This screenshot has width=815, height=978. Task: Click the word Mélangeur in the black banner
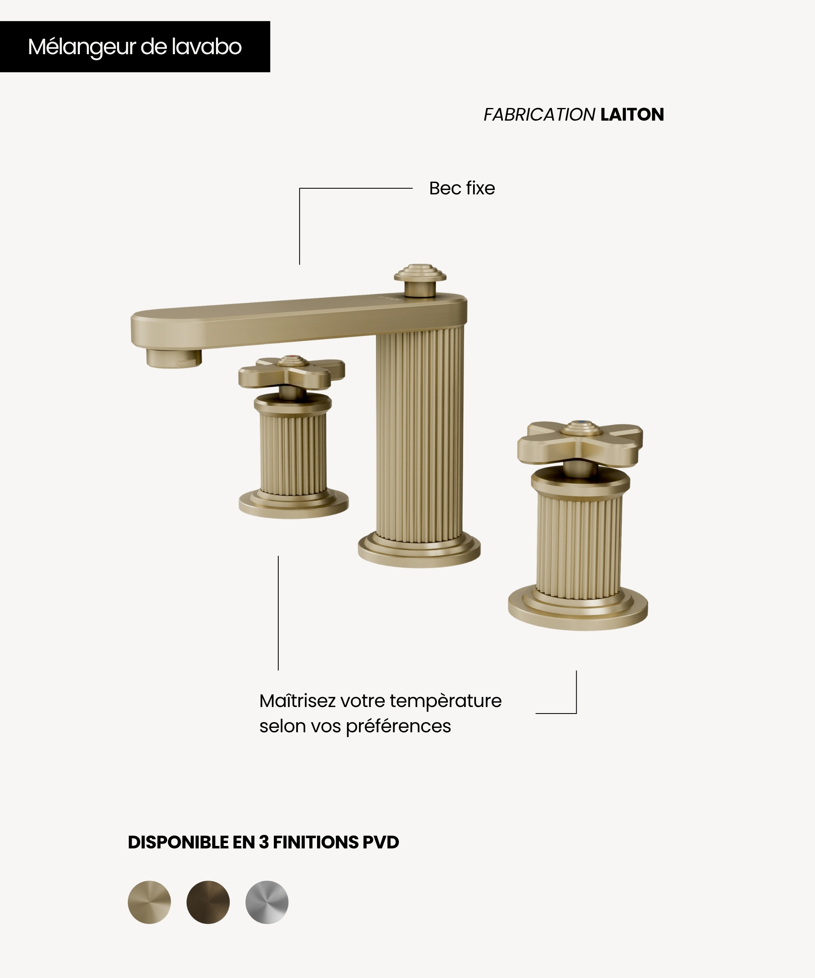tap(81, 47)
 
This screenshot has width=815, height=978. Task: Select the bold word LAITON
tap(632, 115)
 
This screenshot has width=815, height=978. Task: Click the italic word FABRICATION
tap(539, 115)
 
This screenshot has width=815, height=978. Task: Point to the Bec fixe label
tap(462, 188)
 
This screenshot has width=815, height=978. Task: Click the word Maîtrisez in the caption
tap(297, 700)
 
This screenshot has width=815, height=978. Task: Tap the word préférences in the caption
tap(398, 727)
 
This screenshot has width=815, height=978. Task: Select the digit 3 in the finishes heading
tap(264, 842)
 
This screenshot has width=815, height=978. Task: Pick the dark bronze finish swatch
tap(208, 902)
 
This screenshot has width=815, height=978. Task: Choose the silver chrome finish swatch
tap(267, 902)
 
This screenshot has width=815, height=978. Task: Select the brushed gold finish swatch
tap(150, 902)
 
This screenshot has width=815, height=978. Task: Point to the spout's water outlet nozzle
tap(174, 358)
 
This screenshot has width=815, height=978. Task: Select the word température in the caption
tap(445, 701)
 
